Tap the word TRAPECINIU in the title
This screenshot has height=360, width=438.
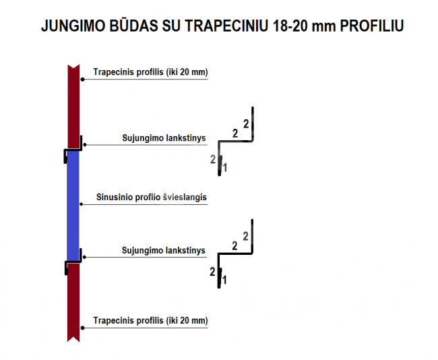pos(226,26)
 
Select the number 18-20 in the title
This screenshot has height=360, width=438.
pos(290,26)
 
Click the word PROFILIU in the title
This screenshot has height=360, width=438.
pos(372,26)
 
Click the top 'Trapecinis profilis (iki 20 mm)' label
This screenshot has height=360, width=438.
pos(150,72)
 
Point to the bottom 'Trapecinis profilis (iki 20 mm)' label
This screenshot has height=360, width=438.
pos(150,320)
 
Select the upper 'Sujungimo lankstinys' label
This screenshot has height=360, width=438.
pos(164,138)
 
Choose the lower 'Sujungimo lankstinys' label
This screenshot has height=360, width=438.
pos(164,250)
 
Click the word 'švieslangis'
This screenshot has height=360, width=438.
pos(185,197)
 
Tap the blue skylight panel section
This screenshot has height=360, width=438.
pos(73,206)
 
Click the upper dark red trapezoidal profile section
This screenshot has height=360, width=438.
pos(73,107)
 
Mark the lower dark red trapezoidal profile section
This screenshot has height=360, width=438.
pos(73,303)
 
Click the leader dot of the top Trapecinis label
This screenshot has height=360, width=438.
pos(82,80)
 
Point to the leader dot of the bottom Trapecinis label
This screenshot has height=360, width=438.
pos(82,328)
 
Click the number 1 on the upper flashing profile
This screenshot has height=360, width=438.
pos(225,168)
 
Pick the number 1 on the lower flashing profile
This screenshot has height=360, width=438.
pos(224,280)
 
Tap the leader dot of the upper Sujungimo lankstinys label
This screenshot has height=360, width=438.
pos(85,144)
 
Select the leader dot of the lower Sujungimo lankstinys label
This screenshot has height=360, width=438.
pos(85,257)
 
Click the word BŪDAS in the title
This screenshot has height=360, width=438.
pos(133,26)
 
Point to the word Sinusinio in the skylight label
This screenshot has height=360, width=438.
pos(115,197)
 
